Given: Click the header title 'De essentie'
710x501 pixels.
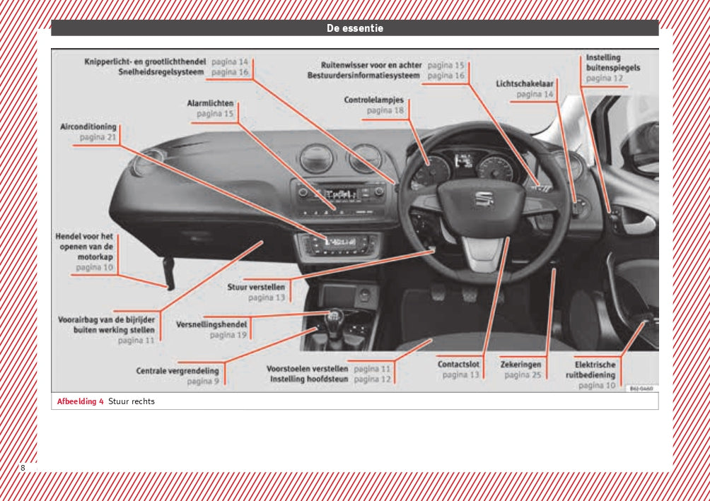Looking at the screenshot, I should (354, 28).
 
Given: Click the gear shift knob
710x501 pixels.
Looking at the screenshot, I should (334, 316).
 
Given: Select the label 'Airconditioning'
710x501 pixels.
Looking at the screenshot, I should (88, 126).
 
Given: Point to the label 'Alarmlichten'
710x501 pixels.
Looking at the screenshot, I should (210, 103).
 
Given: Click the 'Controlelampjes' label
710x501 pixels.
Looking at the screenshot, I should (373, 100).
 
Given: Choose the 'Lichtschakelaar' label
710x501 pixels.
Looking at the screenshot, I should (525, 83).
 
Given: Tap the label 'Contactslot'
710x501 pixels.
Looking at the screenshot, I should (458, 365).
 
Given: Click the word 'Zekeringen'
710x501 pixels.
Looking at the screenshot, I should (520, 365).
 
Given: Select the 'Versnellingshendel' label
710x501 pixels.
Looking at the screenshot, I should (211, 324).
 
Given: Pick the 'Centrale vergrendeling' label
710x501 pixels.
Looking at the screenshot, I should (177, 370).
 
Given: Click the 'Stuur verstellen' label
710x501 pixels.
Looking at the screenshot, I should (256, 288).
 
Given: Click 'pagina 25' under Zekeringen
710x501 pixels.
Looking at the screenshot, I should (523, 375).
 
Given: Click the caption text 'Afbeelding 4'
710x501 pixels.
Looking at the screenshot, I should (80, 401).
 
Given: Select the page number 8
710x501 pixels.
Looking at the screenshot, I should (23, 468).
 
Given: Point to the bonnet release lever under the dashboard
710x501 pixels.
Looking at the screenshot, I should (170, 274).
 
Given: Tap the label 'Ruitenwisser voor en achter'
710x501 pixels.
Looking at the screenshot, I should (371, 65).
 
